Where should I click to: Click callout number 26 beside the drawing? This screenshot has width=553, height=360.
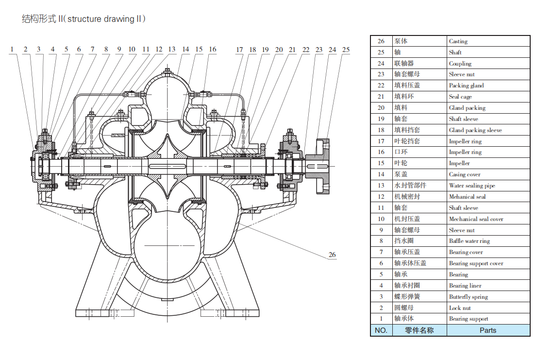(332, 255)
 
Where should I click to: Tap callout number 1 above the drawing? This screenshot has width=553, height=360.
(13, 49)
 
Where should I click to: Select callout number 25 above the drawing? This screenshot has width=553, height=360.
(346, 50)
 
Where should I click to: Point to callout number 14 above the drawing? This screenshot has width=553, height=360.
(185, 49)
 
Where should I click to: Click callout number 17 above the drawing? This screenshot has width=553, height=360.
(239, 50)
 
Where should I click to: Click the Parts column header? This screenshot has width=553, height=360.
(488, 330)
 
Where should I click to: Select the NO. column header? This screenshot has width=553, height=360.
(381, 330)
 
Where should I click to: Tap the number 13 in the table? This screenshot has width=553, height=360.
(381, 186)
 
